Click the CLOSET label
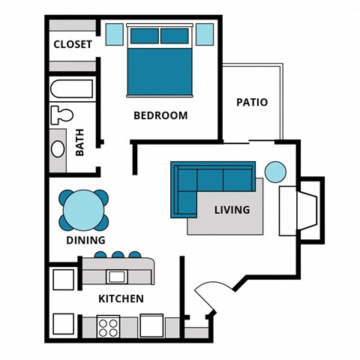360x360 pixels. (x=73, y=44)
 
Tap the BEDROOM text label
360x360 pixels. (x=160, y=115)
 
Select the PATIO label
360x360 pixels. (x=252, y=102)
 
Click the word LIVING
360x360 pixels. (x=232, y=210)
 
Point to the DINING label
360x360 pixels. (x=85, y=241)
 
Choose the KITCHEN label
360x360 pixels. (x=121, y=298)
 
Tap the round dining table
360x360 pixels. (x=82, y=210)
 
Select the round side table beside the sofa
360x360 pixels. (x=276, y=172)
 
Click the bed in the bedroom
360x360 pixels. (x=159, y=64)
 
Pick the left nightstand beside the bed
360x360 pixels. (x=114, y=34)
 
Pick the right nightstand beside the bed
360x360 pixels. (x=204, y=34)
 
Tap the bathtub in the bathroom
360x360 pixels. (x=73, y=90)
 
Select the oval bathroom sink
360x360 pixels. (x=58, y=147)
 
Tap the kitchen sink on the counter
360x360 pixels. (x=116, y=277)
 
